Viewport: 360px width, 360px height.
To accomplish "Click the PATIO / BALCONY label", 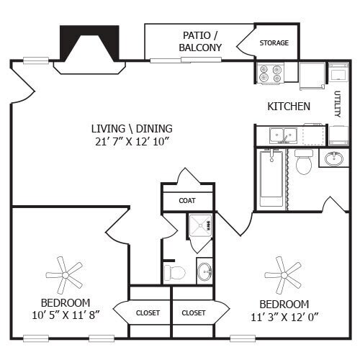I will (x=199, y=41).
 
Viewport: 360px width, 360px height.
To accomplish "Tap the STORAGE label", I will (x=274, y=43).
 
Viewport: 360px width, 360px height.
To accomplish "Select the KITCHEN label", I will (x=289, y=107).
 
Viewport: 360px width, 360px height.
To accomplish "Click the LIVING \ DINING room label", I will (x=132, y=128).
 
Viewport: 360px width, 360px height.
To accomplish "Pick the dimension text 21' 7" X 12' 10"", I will (x=132, y=140).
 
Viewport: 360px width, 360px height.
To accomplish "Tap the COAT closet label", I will (x=187, y=201).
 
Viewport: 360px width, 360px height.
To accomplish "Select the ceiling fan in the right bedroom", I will (x=283, y=273).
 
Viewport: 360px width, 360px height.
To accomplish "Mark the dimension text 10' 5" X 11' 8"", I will (x=66, y=315).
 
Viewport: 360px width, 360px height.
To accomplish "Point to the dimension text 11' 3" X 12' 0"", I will (x=284, y=316).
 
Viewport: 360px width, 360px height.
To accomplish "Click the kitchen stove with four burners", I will (x=271, y=73).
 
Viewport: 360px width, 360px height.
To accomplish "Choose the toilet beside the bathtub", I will (x=303, y=163).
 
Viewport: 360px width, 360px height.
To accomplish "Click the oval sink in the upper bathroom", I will (x=334, y=159).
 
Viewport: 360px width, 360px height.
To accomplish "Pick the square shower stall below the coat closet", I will (x=199, y=227).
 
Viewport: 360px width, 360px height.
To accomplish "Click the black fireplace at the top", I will (x=89, y=45).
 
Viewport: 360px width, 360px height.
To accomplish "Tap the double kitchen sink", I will (x=277, y=135).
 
